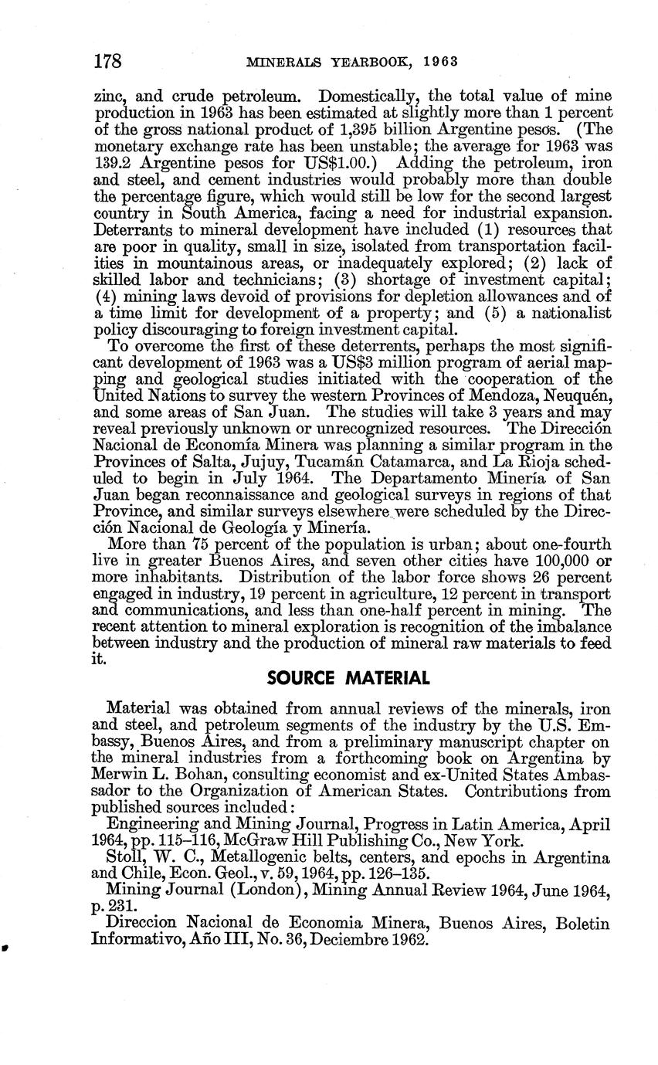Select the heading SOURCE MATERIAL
point(348,679)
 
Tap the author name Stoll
point(124,858)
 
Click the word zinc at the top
point(108,96)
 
